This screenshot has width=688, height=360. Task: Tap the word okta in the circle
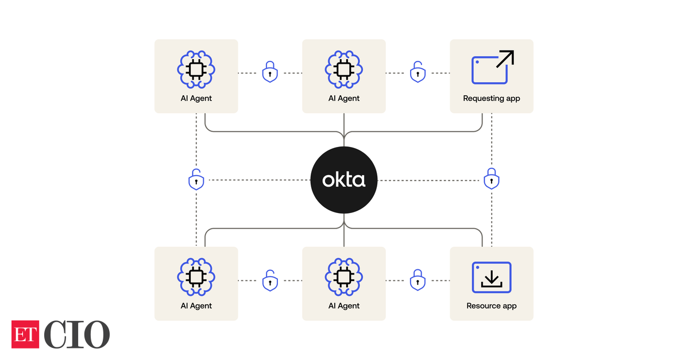[343, 180]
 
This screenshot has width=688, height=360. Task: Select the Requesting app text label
[492, 98]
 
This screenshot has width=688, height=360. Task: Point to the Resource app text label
[492, 306]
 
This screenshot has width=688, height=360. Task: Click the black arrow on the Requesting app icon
[505, 59]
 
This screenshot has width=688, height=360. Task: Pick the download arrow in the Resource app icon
[491, 278]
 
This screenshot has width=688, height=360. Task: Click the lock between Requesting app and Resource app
[491, 179]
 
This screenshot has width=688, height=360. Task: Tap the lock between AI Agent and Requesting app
[418, 72]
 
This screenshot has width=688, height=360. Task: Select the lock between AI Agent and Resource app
[418, 280]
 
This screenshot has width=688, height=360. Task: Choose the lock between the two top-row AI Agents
[270, 72]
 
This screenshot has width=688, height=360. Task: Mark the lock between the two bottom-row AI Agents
[270, 280]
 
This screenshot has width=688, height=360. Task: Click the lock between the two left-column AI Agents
[196, 180]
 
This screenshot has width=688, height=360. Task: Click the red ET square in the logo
[25, 334]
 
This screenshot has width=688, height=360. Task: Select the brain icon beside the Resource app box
[344, 277]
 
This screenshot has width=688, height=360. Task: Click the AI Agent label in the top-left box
[196, 98]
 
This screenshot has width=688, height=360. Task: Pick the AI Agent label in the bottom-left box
[196, 306]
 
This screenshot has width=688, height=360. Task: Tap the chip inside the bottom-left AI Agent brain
[196, 277]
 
